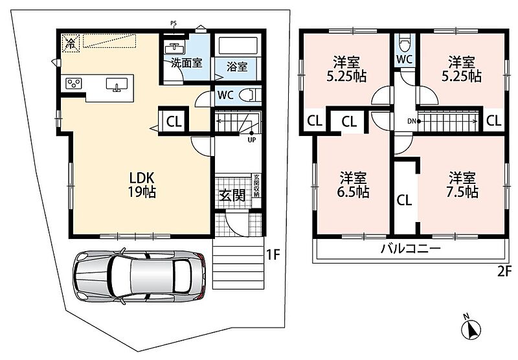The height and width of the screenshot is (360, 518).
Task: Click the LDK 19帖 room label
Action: [x=142, y=185]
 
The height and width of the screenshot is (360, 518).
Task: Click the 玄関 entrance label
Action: [x=232, y=196]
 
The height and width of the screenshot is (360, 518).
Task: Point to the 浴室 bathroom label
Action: [x=237, y=67]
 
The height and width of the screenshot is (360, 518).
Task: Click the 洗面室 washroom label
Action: [x=186, y=63]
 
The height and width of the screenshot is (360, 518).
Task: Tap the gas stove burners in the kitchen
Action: [x=74, y=83]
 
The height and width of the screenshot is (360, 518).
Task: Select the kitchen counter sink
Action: [x=117, y=84]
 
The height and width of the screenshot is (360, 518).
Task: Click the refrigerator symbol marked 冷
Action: [x=71, y=43]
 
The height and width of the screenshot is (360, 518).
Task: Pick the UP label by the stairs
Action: [x=252, y=140]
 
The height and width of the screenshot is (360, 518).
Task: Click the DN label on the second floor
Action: [x=412, y=121]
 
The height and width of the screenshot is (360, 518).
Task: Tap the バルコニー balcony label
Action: [x=411, y=249]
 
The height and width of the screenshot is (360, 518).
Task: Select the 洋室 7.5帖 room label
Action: [x=462, y=185]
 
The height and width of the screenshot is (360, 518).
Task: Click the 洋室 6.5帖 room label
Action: [x=353, y=185]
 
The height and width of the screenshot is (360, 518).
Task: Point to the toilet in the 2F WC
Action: [x=404, y=42]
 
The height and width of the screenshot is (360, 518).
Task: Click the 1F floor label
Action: [x=273, y=254]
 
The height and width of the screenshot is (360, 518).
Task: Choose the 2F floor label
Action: [x=504, y=271]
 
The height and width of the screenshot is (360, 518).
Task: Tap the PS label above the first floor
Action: [x=174, y=23]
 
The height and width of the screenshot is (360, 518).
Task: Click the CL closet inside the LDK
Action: [x=174, y=122]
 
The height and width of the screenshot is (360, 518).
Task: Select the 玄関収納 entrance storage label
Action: [x=256, y=186]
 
